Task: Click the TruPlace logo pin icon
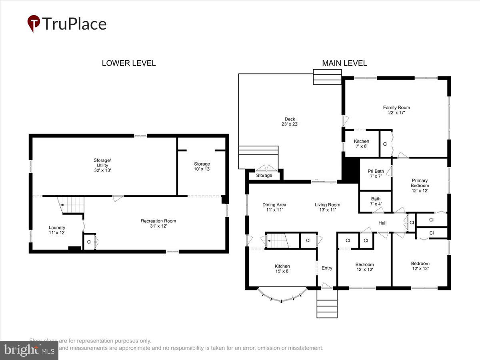[34, 24]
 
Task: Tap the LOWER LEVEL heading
[128, 63]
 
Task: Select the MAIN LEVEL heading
[344, 63]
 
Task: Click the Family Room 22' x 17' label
[396, 110]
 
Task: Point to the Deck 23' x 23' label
[290, 122]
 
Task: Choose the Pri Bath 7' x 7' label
[376, 174]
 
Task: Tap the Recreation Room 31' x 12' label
[158, 223]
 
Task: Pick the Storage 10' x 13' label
[202, 166]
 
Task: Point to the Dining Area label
[274, 207]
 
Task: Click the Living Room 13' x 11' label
[327, 207]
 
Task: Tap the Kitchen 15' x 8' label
[282, 268]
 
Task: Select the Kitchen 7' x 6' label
[361, 144]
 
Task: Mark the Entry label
[327, 268]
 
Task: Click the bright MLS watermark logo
[29, 350]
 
